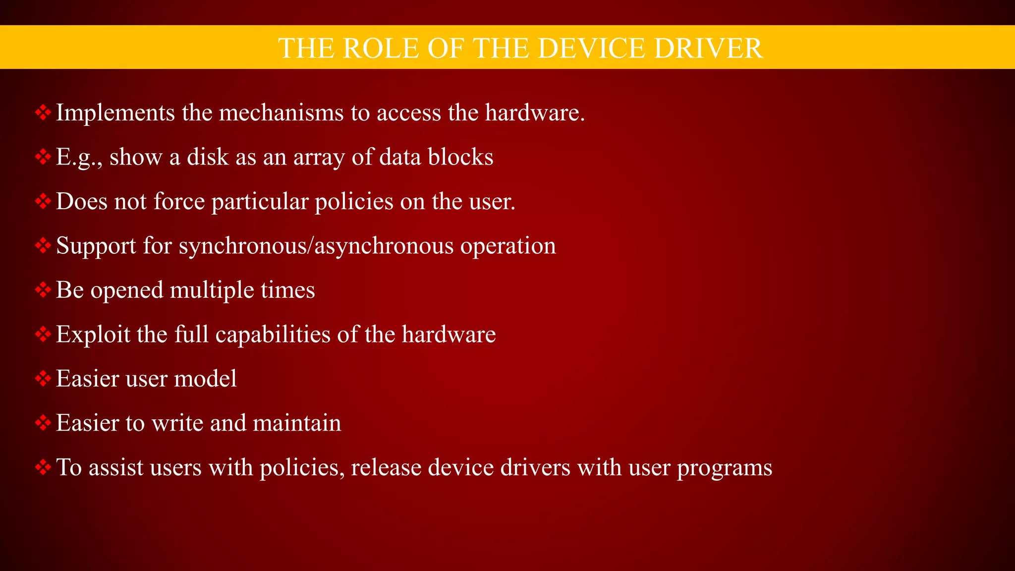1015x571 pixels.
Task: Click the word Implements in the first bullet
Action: (x=115, y=113)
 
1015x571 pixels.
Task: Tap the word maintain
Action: (x=297, y=423)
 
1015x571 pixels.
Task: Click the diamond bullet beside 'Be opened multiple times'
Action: (x=43, y=290)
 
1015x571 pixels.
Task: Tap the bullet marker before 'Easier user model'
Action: (x=43, y=379)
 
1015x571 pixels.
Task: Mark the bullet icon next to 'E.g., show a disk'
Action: (x=43, y=157)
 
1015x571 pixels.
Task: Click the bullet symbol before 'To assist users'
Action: (x=43, y=467)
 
